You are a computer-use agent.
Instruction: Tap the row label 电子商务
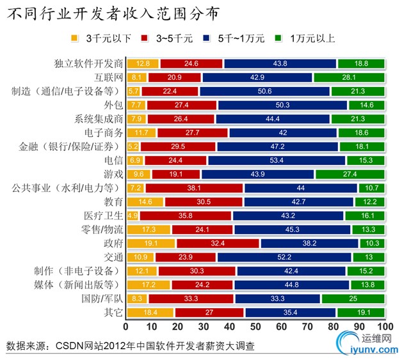tap(105, 132)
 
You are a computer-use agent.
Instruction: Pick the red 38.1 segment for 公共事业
tap(195, 188)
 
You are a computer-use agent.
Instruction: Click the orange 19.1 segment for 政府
tap(151, 244)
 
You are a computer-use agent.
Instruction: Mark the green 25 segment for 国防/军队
tap(353, 299)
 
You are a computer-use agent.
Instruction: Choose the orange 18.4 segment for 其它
tap(150, 313)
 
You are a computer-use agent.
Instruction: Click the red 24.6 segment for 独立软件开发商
tap(191, 63)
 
